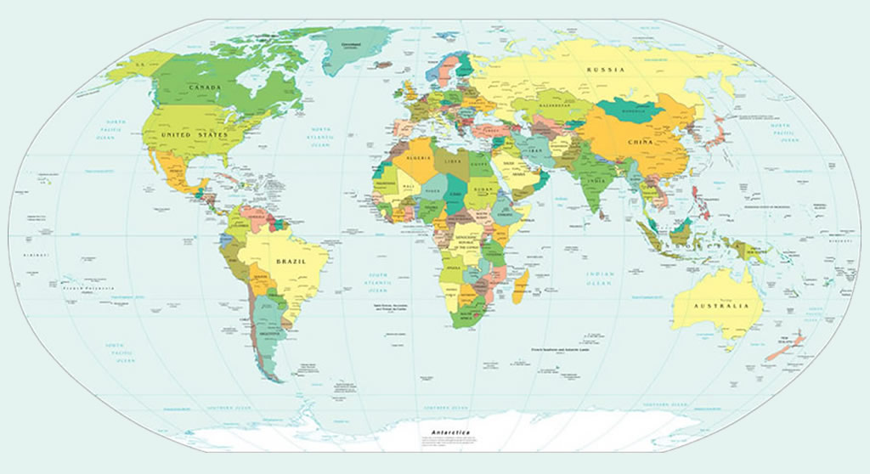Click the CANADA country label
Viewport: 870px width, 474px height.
point(205,88)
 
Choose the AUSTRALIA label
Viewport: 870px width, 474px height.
point(721,306)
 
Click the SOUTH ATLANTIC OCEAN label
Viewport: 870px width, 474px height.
point(376,279)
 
